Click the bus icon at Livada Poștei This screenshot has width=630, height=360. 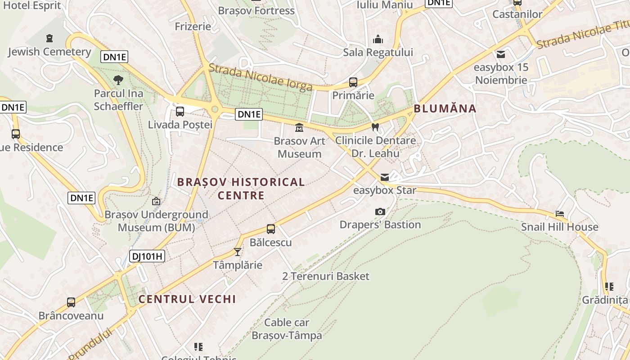[x=180, y=111]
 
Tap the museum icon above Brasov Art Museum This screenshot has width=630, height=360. [x=299, y=128]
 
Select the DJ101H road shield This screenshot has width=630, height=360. [x=147, y=256]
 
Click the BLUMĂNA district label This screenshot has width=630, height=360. [x=445, y=108]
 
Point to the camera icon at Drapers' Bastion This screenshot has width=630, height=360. [x=380, y=211]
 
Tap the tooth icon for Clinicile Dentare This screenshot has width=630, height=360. [x=375, y=127]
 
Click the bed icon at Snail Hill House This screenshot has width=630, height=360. [x=560, y=214]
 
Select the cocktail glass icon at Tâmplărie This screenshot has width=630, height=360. [x=238, y=252]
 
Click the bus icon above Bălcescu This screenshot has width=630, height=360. [x=270, y=229]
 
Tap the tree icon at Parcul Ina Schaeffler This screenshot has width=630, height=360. [x=118, y=81]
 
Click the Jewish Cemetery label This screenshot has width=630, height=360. [x=49, y=52]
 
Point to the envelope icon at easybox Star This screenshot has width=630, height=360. [x=385, y=177]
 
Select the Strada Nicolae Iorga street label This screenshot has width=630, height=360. [x=261, y=77]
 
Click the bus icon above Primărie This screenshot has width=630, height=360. [x=353, y=82]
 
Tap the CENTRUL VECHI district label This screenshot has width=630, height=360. [x=187, y=299]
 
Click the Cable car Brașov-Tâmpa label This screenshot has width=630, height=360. [x=287, y=329]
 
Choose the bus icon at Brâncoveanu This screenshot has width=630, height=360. [x=71, y=302]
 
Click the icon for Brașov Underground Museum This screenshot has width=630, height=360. [x=156, y=201]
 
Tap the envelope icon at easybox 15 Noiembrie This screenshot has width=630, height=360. [x=501, y=54]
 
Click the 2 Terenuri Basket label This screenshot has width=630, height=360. [x=326, y=276]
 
